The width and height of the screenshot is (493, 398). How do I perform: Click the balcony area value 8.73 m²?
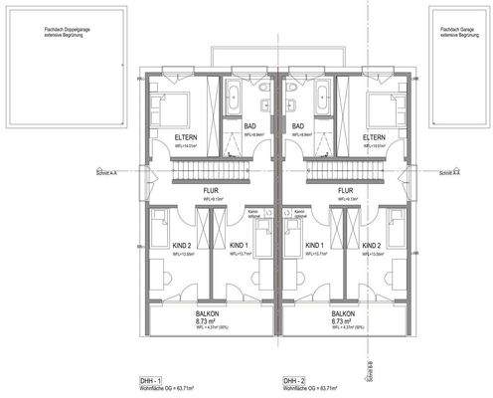point(206,321)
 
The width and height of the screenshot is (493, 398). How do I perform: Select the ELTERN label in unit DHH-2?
point(374,136)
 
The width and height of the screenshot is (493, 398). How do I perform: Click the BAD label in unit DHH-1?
point(250,125)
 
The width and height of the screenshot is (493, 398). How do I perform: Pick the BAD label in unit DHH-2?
point(298,125)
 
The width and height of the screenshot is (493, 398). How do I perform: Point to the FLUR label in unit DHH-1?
point(211,189)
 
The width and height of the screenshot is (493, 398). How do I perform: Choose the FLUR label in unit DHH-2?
point(345,189)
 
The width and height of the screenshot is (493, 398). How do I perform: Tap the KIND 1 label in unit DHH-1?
point(239,244)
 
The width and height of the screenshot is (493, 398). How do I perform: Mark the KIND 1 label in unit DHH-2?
point(315,244)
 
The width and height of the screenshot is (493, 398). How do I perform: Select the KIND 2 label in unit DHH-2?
point(372,244)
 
